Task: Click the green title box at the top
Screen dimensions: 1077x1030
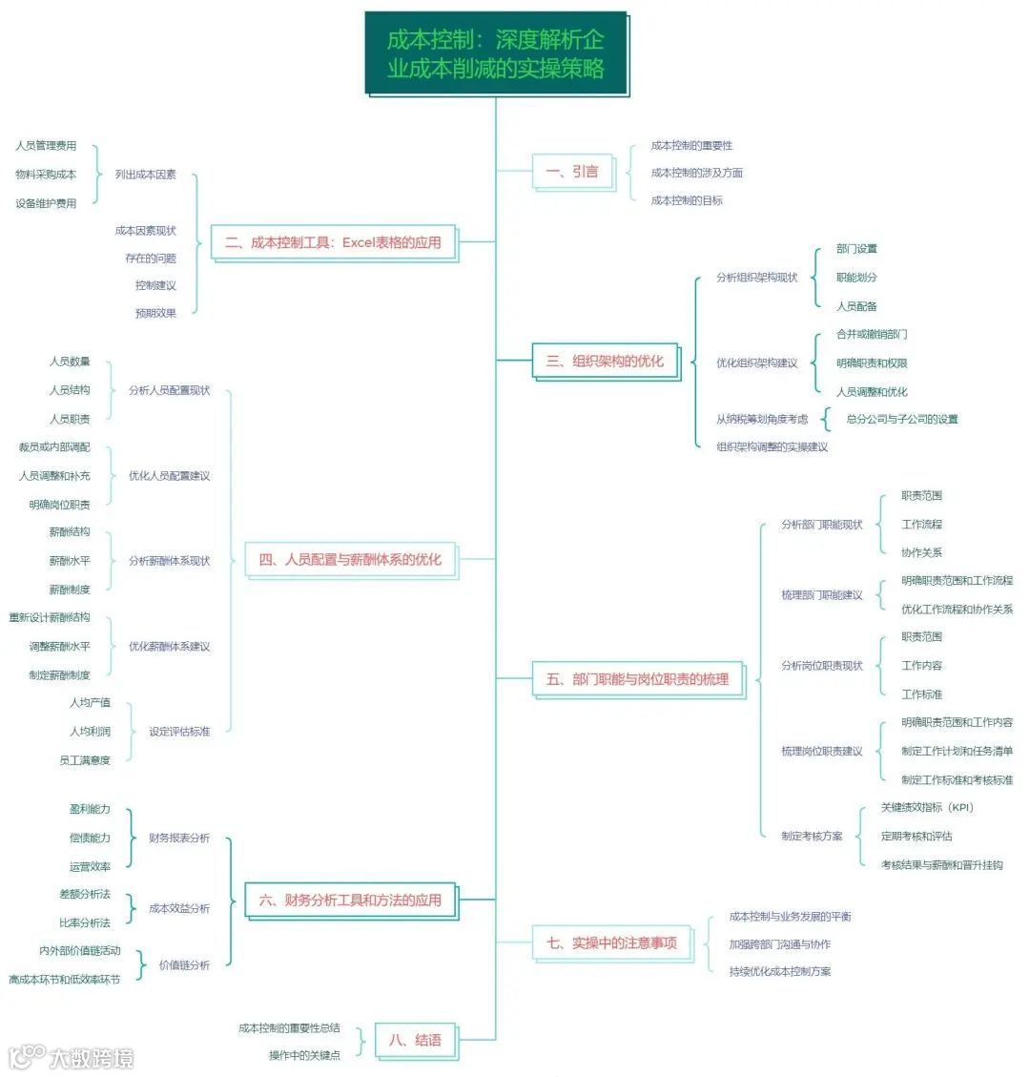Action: tap(495, 53)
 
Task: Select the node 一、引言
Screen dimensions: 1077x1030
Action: tap(572, 172)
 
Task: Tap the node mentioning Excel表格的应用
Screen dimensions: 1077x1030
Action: tap(333, 242)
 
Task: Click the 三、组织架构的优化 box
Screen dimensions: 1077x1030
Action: tap(605, 362)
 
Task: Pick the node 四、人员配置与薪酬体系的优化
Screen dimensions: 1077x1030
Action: tap(350, 560)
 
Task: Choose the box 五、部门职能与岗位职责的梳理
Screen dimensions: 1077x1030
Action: tap(637, 679)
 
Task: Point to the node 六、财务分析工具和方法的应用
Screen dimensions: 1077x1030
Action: tap(350, 900)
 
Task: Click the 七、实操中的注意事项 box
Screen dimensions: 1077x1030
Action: tap(611, 942)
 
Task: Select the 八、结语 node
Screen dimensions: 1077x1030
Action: tap(415, 1040)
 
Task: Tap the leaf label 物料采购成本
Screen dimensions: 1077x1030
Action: tap(46, 175)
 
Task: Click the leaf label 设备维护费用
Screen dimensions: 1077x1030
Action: tap(46, 203)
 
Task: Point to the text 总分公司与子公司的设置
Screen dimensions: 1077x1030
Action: tap(902, 419)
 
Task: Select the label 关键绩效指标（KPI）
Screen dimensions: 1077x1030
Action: tap(927, 808)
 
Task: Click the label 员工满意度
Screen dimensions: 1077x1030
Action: tap(85, 760)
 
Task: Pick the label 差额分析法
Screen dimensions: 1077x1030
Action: tap(85, 895)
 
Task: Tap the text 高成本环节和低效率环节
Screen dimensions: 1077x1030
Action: tap(65, 980)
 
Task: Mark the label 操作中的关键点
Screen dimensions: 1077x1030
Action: tap(304, 1055)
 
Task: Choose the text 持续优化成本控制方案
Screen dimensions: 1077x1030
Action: tap(780, 971)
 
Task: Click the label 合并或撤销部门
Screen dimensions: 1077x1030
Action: tap(872, 335)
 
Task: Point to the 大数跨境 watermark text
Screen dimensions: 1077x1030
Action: tap(91, 1058)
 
